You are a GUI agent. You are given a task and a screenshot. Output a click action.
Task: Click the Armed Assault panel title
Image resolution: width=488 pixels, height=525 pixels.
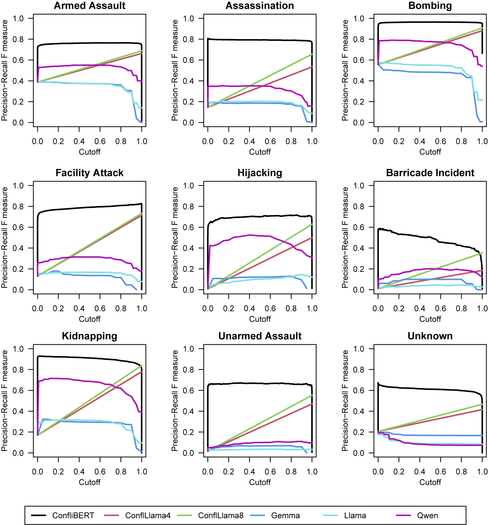pos(89,6)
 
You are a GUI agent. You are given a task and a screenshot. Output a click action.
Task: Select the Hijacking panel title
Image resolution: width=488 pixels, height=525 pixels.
pos(260,173)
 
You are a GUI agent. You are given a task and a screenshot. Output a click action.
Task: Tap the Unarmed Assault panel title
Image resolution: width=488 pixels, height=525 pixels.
pos(260,336)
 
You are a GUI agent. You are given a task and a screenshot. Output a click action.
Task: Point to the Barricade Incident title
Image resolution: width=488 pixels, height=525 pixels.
pos(430,173)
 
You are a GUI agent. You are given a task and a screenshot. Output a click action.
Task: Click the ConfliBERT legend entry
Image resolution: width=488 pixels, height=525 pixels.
pos(73,516)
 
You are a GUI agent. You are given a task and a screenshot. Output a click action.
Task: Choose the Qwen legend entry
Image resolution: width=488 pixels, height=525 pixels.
pos(427,516)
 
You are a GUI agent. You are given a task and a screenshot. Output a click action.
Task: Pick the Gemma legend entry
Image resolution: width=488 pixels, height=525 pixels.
pos(285,516)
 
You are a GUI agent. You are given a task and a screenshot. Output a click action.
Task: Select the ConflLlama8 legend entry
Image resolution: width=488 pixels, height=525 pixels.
pos(221,516)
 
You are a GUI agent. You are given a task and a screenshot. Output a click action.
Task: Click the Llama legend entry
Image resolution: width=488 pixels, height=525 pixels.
pos(355,516)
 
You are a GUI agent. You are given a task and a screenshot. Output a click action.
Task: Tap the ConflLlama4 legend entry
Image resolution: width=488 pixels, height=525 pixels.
pos(148,516)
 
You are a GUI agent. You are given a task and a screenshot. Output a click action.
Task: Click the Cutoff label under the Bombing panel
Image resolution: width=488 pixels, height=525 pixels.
pos(430,152)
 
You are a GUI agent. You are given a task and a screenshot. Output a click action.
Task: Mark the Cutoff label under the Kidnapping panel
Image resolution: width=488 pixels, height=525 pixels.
pos(89,482)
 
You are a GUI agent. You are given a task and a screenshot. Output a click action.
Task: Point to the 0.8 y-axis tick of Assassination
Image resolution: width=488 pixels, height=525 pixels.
pos(188,39)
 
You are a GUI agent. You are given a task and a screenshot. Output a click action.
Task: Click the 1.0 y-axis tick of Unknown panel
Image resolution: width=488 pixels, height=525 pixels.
pos(359,349)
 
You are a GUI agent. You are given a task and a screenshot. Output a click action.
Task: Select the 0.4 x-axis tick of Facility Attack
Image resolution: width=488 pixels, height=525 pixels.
pos(79,309)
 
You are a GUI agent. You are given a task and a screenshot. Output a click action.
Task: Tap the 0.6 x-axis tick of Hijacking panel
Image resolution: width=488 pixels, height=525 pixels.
pos(270,309)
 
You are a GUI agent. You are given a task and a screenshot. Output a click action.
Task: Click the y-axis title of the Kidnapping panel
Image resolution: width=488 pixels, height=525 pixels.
pos(4,401)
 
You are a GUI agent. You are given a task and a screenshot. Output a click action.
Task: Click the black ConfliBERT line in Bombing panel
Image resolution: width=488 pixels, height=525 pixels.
pos(430,22)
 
